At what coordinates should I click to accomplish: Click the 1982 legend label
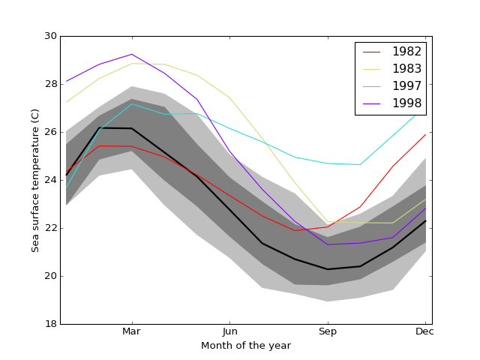click(406, 51)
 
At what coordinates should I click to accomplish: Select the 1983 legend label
click(406, 68)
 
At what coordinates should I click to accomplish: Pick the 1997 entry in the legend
click(406, 86)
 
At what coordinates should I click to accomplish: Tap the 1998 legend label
click(406, 103)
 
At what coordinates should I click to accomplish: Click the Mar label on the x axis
click(132, 331)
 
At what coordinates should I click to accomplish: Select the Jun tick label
click(229, 331)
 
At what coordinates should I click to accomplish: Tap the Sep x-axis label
click(327, 331)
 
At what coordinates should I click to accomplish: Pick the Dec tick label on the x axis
click(424, 331)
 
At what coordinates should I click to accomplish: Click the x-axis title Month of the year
click(246, 346)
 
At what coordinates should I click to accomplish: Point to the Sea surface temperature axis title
click(35, 180)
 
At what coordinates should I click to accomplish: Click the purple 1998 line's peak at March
click(132, 54)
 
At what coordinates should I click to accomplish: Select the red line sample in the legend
click(372, 52)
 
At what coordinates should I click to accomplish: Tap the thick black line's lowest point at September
click(327, 269)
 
